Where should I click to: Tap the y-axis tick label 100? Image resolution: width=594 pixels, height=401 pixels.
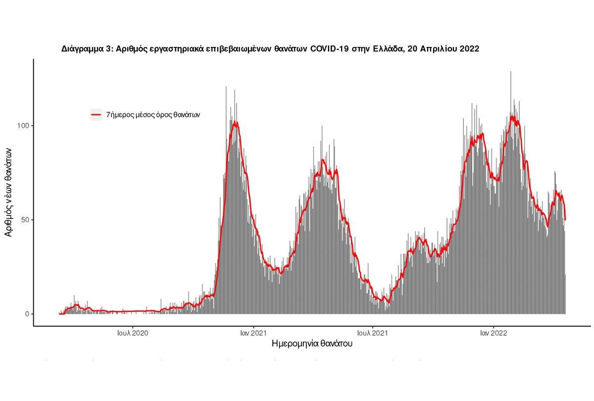pos(22,126)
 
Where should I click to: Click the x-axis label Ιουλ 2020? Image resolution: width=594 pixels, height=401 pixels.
pos(133,334)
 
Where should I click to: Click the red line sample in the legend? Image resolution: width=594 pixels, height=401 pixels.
pos(96,115)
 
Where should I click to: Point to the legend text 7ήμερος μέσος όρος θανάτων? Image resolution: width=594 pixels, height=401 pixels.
pos(153,115)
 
